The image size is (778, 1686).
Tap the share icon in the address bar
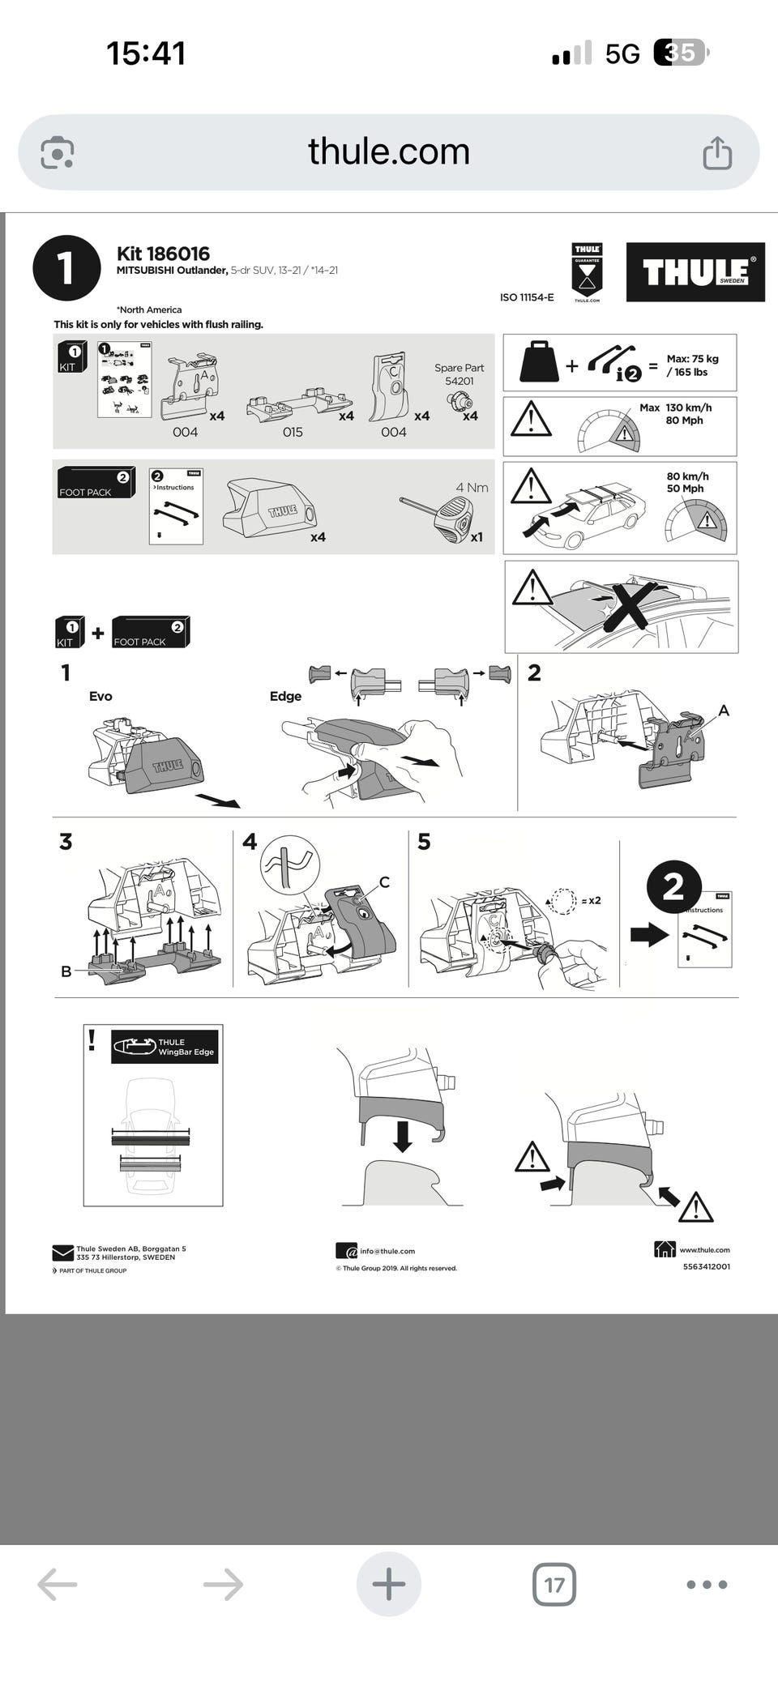(x=717, y=152)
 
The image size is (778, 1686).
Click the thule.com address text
(x=389, y=152)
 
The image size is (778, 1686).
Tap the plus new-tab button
(x=389, y=1584)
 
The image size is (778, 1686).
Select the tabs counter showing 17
(x=554, y=1584)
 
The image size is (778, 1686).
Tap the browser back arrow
(x=58, y=1584)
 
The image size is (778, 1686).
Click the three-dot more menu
(x=707, y=1584)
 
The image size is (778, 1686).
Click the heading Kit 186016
(x=163, y=254)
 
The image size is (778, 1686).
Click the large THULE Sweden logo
(x=695, y=272)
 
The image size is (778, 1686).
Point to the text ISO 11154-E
(x=527, y=297)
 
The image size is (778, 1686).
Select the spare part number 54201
(x=459, y=381)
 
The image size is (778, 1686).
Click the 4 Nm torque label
(x=472, y=488)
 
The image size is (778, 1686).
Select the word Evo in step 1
(x=100, y=696)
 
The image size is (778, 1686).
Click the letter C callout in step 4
(x=384, y=881)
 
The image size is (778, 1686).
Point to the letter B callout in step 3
(x=66, y=971)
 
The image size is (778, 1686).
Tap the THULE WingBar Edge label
(x=186, y=1047)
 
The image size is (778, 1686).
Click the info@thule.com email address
(x=387, y=1251)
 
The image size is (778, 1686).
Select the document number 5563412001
(x=706, y=1266)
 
